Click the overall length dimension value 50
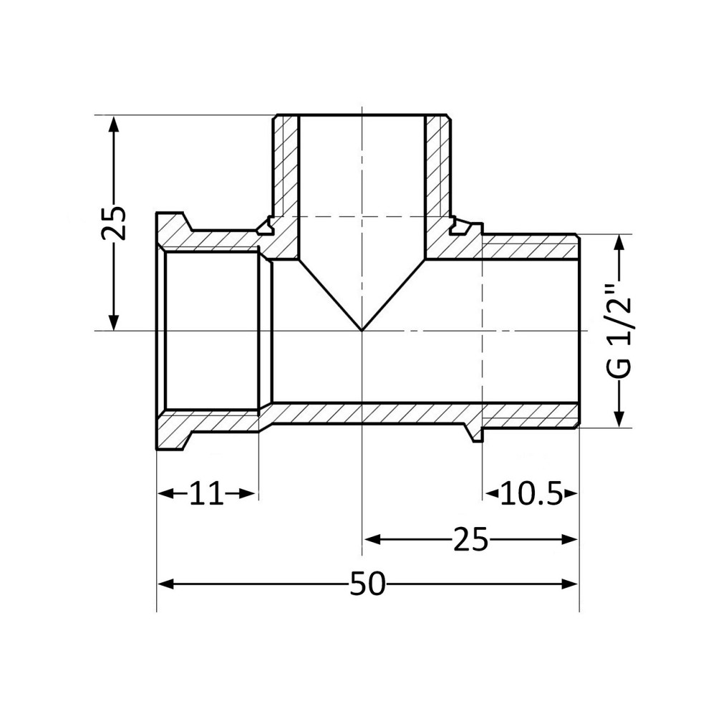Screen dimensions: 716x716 click(367, 584)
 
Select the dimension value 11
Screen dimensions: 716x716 click(206, 494)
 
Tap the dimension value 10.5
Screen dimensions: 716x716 click(531, 494)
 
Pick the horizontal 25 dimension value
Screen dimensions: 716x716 click(470, 539)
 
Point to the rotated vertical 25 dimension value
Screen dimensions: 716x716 click(113, 223)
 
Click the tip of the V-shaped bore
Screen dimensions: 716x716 click(362, 330)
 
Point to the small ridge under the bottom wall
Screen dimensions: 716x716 click(473, 434)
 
